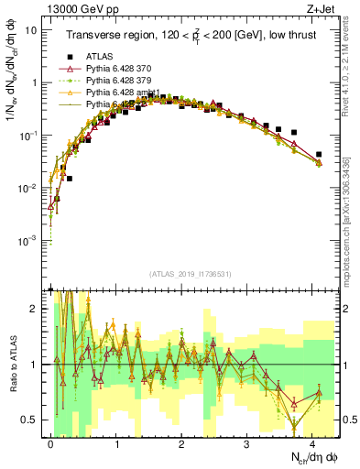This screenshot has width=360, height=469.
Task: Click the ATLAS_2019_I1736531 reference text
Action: pyautogui.click(x=184, y=274)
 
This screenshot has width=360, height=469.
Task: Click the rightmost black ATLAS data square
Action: pyautogui.click(x=318, y=155)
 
